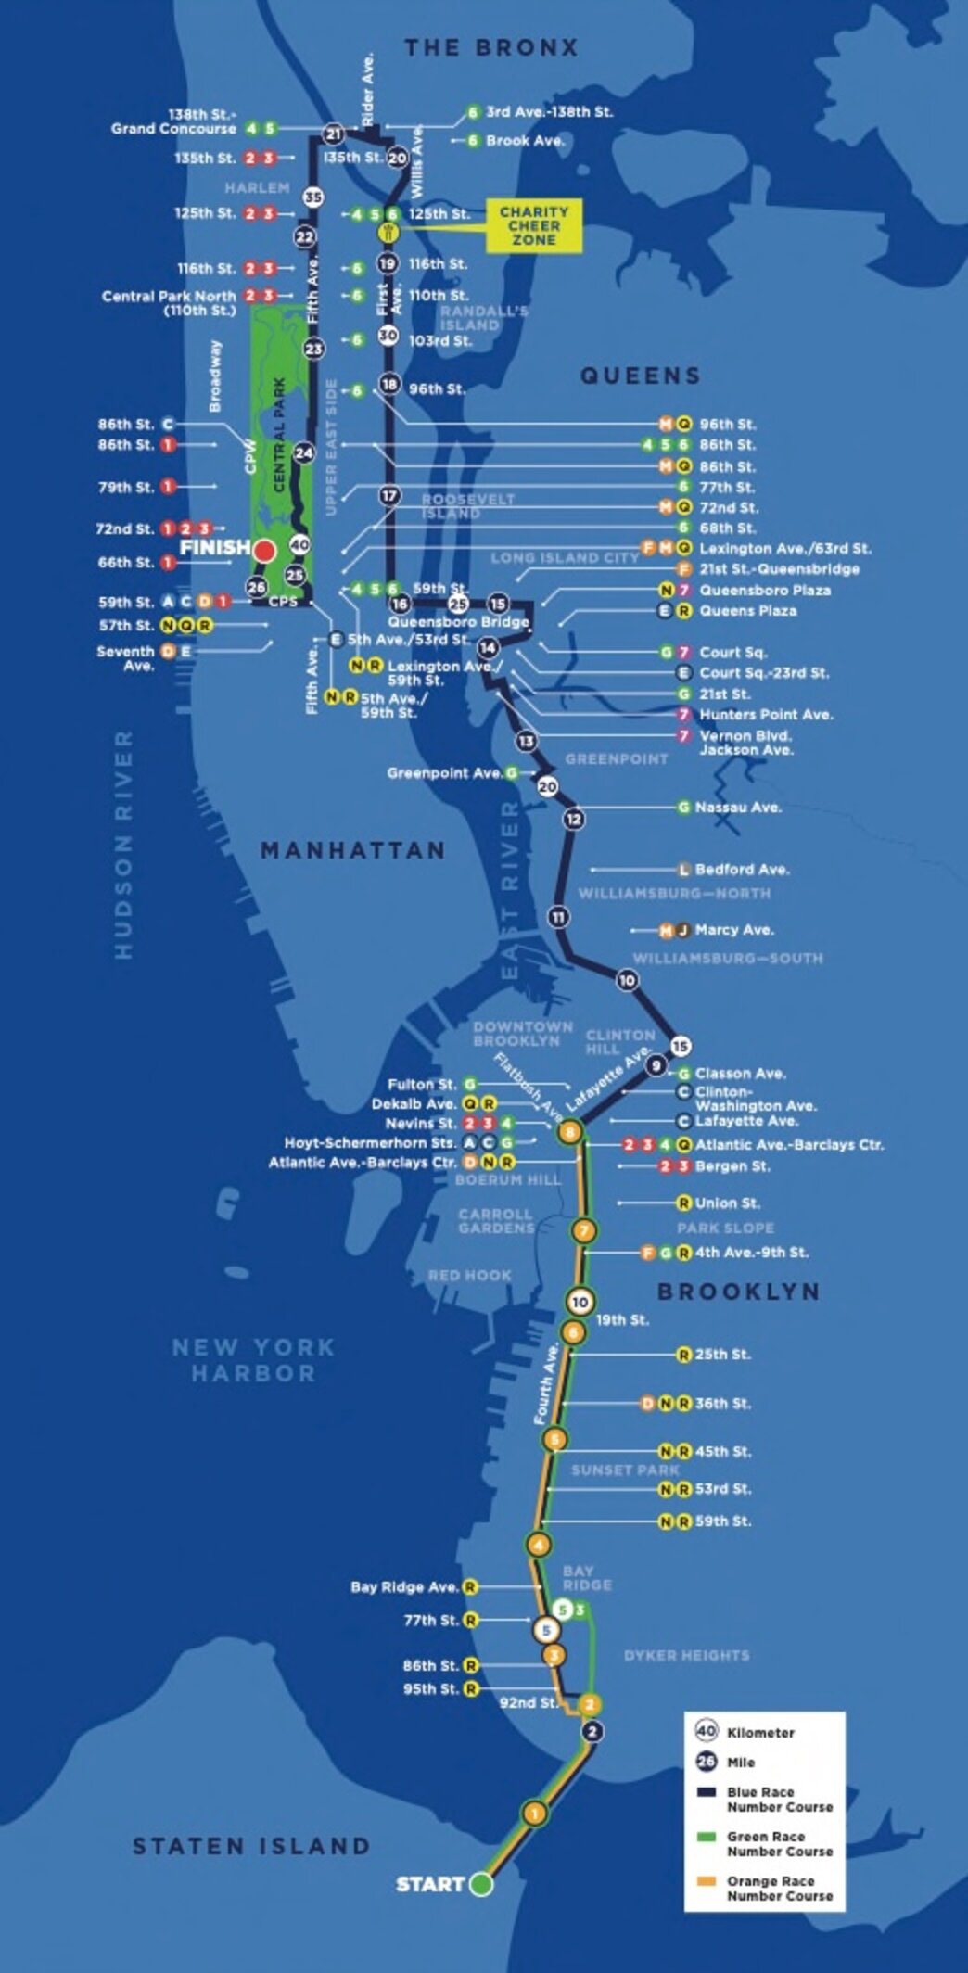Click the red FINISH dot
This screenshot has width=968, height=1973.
(x=264, y=551)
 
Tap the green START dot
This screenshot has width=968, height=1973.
(x=480, y=1884)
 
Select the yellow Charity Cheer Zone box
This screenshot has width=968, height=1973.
(x=534, y=225)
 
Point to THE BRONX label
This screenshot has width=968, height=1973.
(x=490, y=47)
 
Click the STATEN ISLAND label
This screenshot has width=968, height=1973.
(x=251, y=1846)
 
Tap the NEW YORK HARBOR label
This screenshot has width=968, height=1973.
(x=253, y=1360)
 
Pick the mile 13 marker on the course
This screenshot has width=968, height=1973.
(x=527, y=741)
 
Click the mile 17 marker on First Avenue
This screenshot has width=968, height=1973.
(x=389, y=496)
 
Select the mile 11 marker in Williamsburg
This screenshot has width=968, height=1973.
(x=558, y=917)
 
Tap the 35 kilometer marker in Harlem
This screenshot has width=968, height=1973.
(x=313, y=197)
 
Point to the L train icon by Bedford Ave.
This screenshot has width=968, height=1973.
(x=684, y=870)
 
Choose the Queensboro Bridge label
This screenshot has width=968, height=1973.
(x=458, y=622)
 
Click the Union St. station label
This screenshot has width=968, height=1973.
(x=727, y=1203)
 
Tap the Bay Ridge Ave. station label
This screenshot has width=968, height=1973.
(x=404, y=1586)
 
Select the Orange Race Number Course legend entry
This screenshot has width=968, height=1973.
(x=779, y=1888)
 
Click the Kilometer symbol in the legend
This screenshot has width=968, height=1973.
(x=707, y=1730)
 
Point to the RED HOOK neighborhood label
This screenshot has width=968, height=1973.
(x=469, y=1276)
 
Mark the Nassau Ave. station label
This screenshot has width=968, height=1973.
(x=738, y=808)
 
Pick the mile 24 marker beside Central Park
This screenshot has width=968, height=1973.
(x=304, y=452)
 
